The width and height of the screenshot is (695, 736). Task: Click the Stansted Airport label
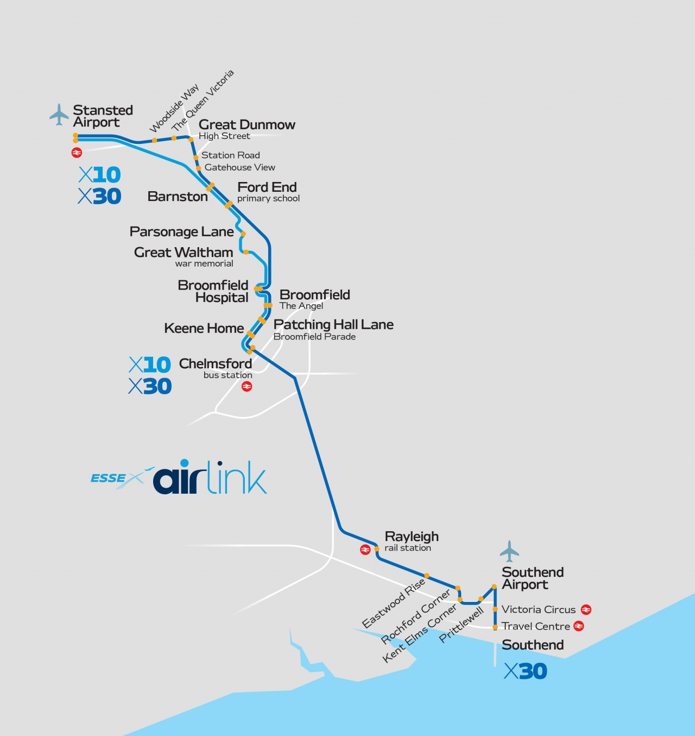(103, 116)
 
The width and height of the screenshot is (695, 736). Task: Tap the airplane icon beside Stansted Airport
(59, 115)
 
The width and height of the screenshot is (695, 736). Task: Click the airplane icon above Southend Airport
(509, 551)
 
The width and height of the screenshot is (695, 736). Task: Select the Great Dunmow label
(247, 125)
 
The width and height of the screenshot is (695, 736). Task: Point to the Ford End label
(267, 187)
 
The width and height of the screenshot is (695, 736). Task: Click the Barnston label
(178, 197)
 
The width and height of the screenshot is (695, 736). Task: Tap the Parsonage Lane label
(181, 232)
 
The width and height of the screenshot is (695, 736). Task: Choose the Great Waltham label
(184, 253)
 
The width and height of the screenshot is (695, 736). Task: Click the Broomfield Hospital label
(213, 292)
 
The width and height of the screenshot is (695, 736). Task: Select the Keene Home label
(204, 329)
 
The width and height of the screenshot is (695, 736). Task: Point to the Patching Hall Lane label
(333, 325)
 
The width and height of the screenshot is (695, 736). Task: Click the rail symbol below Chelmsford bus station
(247, 387)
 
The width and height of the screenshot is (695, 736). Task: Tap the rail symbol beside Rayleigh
(365, 550)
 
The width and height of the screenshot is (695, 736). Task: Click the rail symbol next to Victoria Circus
(586, 610)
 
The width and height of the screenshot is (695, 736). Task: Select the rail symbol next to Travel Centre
(579, 626)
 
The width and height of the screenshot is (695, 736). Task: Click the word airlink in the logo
(210, 479)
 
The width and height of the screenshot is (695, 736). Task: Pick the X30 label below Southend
(525, 671)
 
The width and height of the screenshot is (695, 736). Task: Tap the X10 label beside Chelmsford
(150, 364)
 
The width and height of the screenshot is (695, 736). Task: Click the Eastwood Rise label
(393, 603)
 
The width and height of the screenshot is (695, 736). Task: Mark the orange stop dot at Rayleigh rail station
(377, 549)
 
